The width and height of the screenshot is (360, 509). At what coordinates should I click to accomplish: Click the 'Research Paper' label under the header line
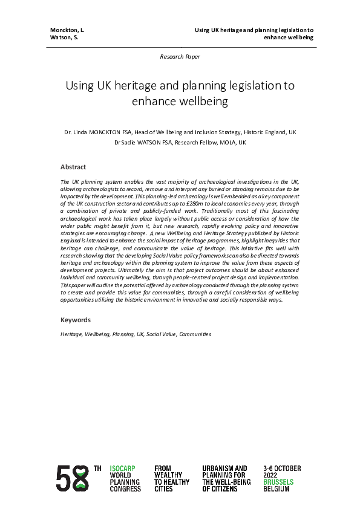180,56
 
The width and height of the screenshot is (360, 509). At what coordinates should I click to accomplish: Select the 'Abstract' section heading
73,167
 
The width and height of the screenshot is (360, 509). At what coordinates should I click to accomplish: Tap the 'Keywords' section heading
76,320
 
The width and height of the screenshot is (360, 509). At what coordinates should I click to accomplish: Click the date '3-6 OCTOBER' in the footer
282,468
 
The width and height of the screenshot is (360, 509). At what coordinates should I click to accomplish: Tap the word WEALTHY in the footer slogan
168,475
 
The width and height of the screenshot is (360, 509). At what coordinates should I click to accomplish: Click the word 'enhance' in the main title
155,102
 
